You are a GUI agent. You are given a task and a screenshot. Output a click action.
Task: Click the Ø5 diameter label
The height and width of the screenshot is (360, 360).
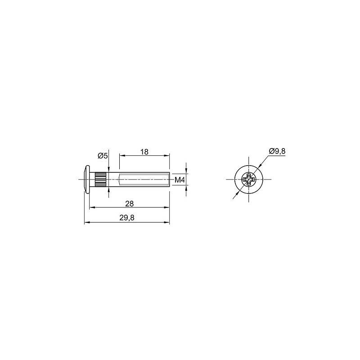point(103,156)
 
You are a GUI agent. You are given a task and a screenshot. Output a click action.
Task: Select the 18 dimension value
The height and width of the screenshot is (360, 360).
point(144,152)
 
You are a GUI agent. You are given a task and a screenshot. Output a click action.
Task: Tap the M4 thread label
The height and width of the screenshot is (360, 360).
point(180,180)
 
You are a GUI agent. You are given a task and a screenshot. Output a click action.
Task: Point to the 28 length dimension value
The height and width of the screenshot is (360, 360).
point(130,204)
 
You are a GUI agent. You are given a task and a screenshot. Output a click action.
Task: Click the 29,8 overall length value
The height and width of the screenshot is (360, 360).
point(127,218)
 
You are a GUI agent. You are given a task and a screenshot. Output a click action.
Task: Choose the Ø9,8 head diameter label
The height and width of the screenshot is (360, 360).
point(277,151)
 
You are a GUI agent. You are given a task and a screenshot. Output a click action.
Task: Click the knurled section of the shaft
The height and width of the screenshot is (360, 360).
point(100,179)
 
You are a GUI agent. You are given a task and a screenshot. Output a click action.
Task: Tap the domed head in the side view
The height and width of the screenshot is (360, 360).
point(87,179)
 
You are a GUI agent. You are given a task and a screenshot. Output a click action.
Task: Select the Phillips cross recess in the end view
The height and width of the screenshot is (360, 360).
point(249,179)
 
